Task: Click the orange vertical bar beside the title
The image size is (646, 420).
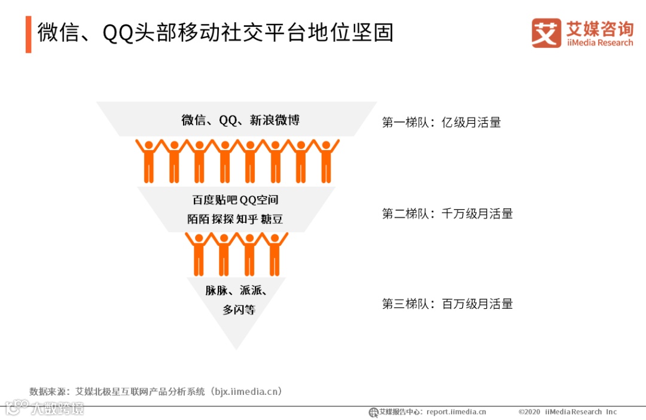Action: [28, 34]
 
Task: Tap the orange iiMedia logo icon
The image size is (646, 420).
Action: [546, 33]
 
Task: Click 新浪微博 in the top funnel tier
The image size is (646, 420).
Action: [275, 120]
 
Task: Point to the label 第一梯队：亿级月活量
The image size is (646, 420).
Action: [441, 123]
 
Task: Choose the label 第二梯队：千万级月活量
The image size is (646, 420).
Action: [447, 214]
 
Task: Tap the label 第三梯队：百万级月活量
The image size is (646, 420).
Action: [447, 304]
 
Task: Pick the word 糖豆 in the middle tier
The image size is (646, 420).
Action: [272, 220]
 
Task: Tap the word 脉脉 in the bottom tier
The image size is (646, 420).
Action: [217, 291]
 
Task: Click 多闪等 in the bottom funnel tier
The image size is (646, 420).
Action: [239, 310]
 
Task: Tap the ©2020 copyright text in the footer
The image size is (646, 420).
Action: [529, 412]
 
